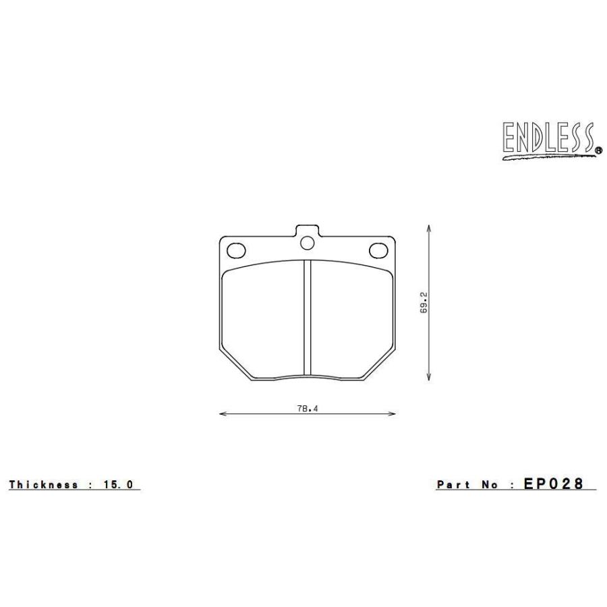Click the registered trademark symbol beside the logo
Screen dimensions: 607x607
[x=598, y=152]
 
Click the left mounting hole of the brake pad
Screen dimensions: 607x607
[x=236, y=250]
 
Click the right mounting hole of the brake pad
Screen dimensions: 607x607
[x=378, y=250]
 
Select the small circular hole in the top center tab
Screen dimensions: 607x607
[x=308, y=242]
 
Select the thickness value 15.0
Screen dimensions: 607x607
[x=121, y=484]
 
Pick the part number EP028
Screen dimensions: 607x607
[x=552, y=484]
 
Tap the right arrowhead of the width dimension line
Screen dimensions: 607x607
[x=393, y=415]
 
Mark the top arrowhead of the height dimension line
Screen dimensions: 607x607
[x=430, y=228]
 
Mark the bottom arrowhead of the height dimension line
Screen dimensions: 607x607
[x=430, y=378]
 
